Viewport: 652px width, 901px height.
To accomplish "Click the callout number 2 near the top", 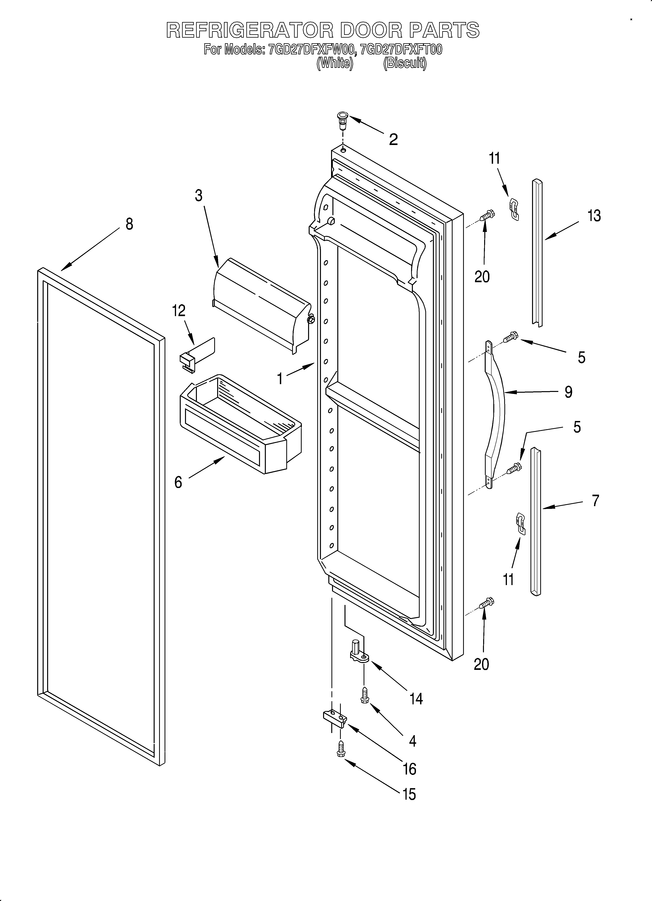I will click(393, 139).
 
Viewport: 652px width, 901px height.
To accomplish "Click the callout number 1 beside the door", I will click(280, 379).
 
